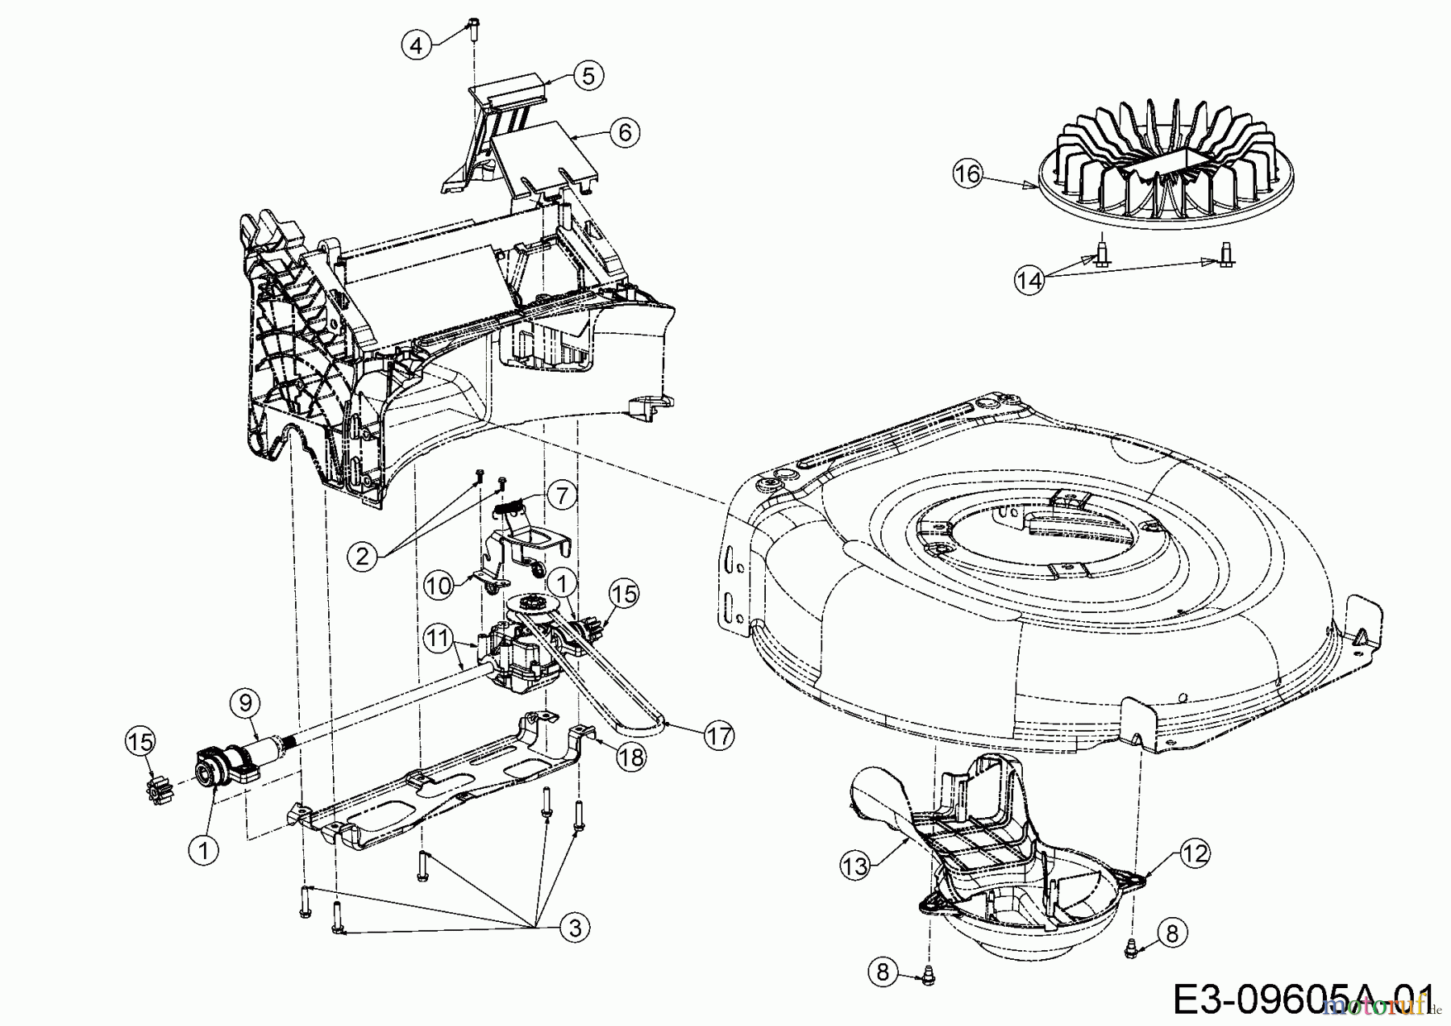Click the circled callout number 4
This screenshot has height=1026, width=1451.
pos(415,45)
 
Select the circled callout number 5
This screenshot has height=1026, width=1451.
pos(588,75)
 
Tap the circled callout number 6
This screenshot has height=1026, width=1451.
pos(626,131)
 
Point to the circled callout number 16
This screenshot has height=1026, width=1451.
pos(968,173)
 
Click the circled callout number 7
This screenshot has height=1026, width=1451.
pos(562,494)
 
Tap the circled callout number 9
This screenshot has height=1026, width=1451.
pos(246,703)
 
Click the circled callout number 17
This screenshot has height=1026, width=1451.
pos(719,736)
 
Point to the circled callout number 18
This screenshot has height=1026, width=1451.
pos(631,757)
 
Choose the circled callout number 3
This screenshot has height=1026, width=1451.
pos(575,928)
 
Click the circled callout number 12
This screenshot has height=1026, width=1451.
pos(1195,853)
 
